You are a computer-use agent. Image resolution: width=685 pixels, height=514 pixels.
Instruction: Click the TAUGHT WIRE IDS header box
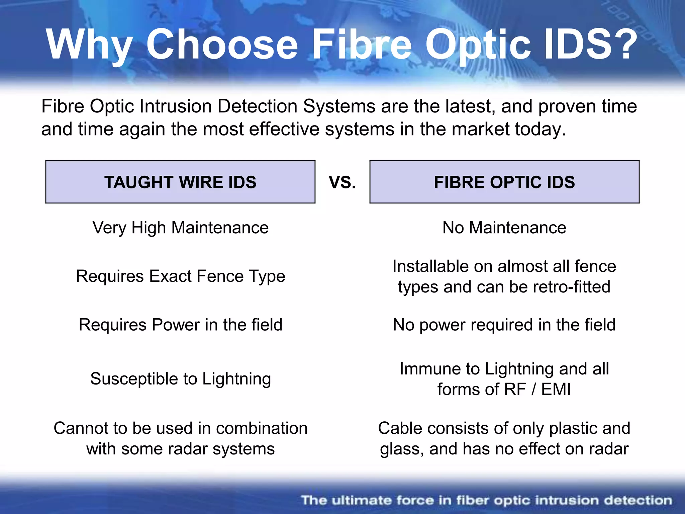tap(180, 182)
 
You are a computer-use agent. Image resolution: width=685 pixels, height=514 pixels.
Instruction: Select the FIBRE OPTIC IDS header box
tap(504, 182)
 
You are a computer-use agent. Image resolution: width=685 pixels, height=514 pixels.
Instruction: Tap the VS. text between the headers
tap(342, 182)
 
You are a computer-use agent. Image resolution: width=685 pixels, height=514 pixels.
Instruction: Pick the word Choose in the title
tap(222, 45)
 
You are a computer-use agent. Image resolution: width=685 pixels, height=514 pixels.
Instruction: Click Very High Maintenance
tap(181, 228)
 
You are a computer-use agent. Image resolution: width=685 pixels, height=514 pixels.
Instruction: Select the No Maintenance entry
tap(504, 228)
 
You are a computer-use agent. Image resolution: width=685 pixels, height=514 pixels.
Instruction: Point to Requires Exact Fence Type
tap(181, 276)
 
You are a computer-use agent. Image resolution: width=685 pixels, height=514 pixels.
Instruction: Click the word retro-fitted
tap(572, 287)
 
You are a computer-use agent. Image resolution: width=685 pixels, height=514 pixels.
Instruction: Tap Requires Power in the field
tap(181, 325)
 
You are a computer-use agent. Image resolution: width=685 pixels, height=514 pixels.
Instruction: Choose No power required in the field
tap(504, 325)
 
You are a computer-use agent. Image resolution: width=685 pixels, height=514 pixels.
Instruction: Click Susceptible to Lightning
tap(181, 379)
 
